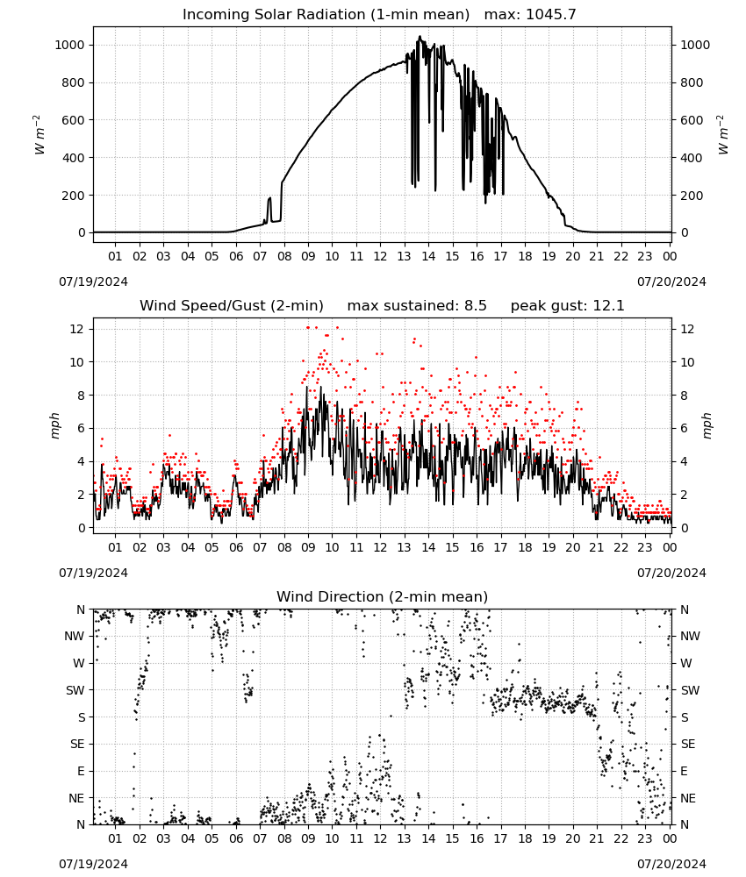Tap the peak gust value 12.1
[606, 305]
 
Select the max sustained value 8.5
[475, 305]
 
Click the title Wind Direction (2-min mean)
[383, 596]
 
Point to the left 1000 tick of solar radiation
[70, 46]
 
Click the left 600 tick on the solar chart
[74, 120]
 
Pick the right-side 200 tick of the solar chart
[692, 196]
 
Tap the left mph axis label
[54, 425]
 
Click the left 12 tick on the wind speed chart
[77, 329]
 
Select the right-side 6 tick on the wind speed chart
[684, 429]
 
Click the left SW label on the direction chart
[75, 690]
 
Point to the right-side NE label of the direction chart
[688, 798]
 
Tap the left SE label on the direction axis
[77, 744]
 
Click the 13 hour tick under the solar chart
[404, 256]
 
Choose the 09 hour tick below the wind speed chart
[308, 547]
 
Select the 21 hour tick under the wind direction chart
[597, 839]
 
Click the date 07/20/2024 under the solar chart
[671, 282]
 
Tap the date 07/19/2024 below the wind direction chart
[93, 864]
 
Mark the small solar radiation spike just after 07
[269, 208]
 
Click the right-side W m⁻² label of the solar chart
[722, 135]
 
